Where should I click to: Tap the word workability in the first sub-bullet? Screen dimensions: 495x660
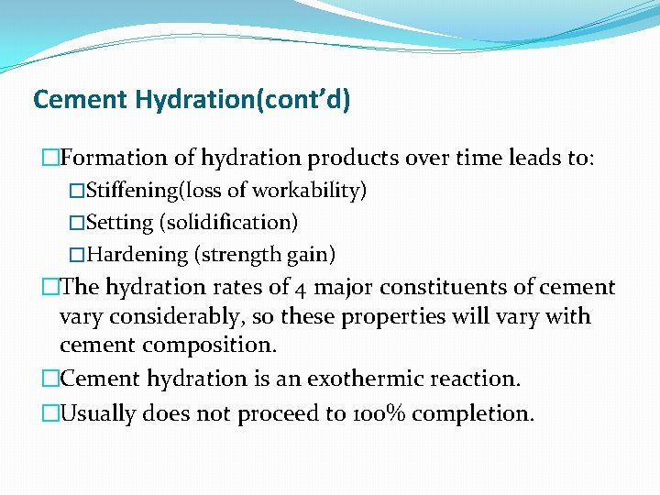307,191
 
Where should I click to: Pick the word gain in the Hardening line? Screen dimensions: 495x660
309,253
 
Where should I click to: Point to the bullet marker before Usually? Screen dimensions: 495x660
49,413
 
